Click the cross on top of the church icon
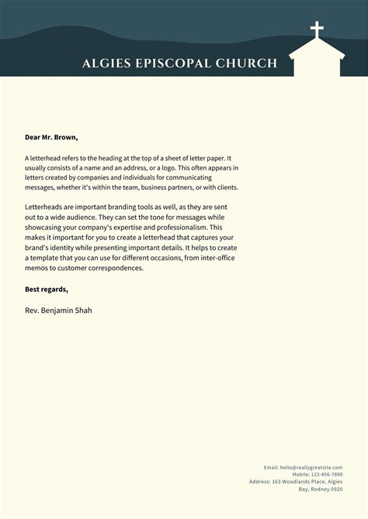(317, 31)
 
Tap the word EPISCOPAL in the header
(169, 64)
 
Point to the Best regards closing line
(47, 289)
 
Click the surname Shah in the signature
(89, 310)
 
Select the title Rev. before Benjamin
(33, 310)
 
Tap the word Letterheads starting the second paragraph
(46, 208)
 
